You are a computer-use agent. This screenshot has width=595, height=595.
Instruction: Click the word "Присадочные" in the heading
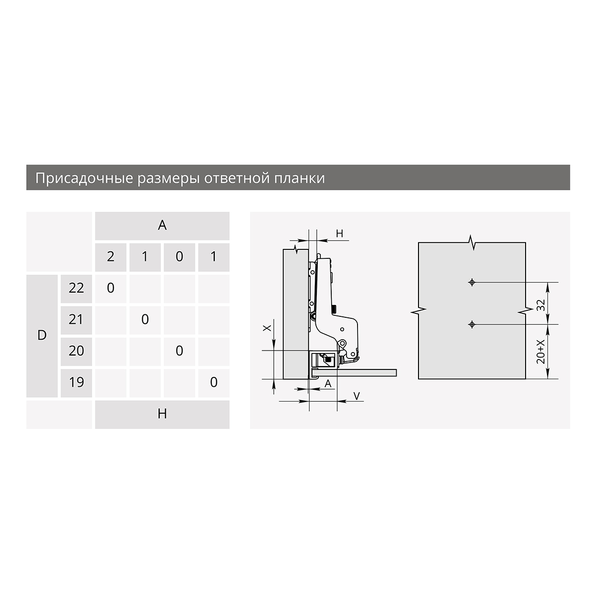pyautogui.click(x=84, y=178)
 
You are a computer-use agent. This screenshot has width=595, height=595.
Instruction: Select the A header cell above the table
pyautogui.click(x=162, y=226)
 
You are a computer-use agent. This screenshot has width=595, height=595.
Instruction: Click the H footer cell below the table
pyautogui.click(x=162, y=415)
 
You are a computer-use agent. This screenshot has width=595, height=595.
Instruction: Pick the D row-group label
pyautogui.click(x=42, y=335)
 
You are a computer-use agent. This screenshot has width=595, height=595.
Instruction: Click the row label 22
pyautogui.click(x=76, y=289)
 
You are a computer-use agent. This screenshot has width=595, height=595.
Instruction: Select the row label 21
pyautogui.click(x=76, y=320)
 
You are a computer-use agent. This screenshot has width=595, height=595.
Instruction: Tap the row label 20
pyautogui.click(x=76, y=352)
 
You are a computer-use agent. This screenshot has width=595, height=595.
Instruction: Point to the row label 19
pyautogui.click(x=76, y=383)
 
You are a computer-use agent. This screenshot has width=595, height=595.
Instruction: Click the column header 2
pyautogui.click(x=111, y=257)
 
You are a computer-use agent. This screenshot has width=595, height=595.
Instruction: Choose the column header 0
pyautogui.click(x=179, y=257)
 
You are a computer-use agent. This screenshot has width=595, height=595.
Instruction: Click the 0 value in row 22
pyautogui.click(x=111, y=288)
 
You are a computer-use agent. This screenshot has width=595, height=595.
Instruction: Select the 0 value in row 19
pyautogui.click(x=214, y=383)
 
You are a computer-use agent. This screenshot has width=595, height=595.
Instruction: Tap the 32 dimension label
pyautogui.click(x=540, y=305)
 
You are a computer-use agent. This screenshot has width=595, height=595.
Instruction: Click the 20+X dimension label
pyautogui.click(x=540, y=352)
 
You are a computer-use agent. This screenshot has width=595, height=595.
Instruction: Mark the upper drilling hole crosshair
pyautogui.click(x=472, y=282)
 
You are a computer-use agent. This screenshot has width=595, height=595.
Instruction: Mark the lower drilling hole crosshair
pyautogui.click(x=472, y=324)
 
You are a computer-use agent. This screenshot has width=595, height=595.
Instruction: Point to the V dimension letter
pyautogui.click(x=357, y=396)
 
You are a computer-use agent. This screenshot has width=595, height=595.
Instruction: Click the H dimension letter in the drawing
pyautogui.click(x=339, y=234)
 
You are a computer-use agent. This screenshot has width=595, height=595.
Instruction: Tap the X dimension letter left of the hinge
pyautogui.click(x=267, y=328)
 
